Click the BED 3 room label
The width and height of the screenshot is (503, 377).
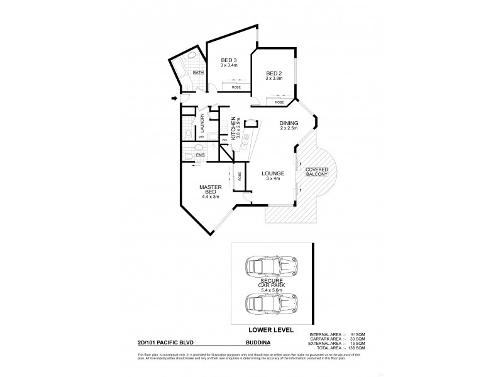coord(228,62)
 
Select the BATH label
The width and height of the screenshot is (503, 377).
coord(198,73)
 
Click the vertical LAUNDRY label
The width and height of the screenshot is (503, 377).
coord(202,121)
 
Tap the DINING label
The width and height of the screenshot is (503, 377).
coord(289,123)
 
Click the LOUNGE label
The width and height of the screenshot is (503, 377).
coord(275,173)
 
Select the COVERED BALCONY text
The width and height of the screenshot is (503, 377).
coord(316,172)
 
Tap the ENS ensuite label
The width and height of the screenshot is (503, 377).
coord(200,154)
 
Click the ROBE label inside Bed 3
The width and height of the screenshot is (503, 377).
coord(236,87)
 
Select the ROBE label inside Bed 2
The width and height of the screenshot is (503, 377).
coord(279,101)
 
